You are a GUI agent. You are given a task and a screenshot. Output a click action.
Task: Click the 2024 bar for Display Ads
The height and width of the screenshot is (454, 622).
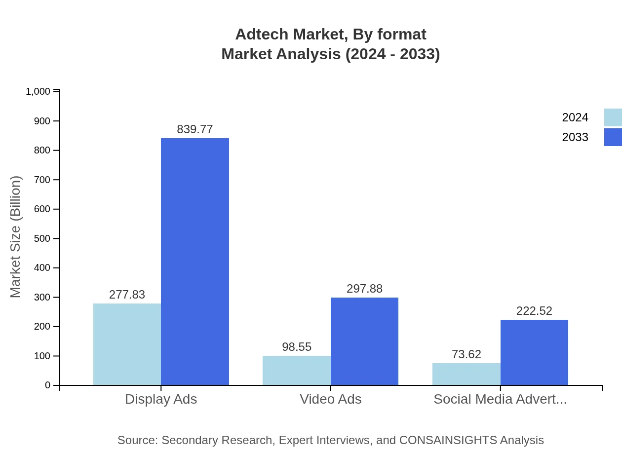click(x=127, y=344)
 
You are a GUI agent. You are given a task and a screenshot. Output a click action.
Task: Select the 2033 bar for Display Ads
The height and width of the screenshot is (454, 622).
click(x=195, y=262)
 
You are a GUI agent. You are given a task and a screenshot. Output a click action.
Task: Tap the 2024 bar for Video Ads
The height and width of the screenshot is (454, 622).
click(x=296, y=370)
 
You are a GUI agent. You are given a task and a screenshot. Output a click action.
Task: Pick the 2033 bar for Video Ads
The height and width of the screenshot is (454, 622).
click(x=364, y=341)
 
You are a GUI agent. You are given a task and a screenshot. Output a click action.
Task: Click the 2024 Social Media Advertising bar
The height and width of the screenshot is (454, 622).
click(x=466, y=374)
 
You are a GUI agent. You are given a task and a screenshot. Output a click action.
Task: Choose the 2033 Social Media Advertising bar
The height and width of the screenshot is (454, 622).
click(x=534, y=352)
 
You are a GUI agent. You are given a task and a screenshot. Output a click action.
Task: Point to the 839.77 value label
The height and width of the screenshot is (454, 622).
click(x=195, y=129)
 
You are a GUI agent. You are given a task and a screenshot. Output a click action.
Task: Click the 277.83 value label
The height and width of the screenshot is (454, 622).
click(x=127, y=295)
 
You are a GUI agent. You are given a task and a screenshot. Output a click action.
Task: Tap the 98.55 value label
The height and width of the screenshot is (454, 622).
click(x=297, y=347)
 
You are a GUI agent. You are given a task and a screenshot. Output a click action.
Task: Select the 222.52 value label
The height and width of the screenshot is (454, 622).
click(x=534, y=311)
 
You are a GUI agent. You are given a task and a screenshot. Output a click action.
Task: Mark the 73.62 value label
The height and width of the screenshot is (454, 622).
click(x=466, y=354)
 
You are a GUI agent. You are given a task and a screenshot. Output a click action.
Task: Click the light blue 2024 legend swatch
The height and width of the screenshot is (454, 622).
click(x=613, y=117)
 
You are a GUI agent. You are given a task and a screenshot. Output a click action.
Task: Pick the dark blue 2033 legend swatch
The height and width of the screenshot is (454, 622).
click(x=613, y=137)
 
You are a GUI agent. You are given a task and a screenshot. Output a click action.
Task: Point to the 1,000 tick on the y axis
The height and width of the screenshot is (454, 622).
click(x=38, y=91)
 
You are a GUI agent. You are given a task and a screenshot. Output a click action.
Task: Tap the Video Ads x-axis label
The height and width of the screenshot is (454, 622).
click(x=331, y=399)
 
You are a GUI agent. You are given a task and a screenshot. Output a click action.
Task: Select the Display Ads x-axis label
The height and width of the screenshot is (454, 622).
click(x=161, y=399)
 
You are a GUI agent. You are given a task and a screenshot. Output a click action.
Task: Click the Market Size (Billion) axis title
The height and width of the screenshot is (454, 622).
click(x=16, y=237)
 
